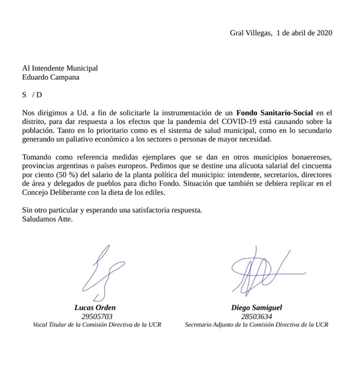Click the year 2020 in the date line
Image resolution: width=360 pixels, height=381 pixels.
tap(324, 33)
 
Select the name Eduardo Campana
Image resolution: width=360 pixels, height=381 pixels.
tap(50, 77)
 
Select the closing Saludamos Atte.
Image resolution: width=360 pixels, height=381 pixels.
tap(47, 219)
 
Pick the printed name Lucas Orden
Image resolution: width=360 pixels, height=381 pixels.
tap(95, 308)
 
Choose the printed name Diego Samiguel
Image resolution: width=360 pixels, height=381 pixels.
tap(256, 308)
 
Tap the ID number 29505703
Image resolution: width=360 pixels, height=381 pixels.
tap(97, 316)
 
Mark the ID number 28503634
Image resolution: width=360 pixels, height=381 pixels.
tap(256, 316)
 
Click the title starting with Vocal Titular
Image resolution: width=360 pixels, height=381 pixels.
tap(97, 325)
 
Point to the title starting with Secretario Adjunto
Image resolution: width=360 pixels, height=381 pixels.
tap(256, 325)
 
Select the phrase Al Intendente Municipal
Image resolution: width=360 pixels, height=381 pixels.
tap(60, 68)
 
